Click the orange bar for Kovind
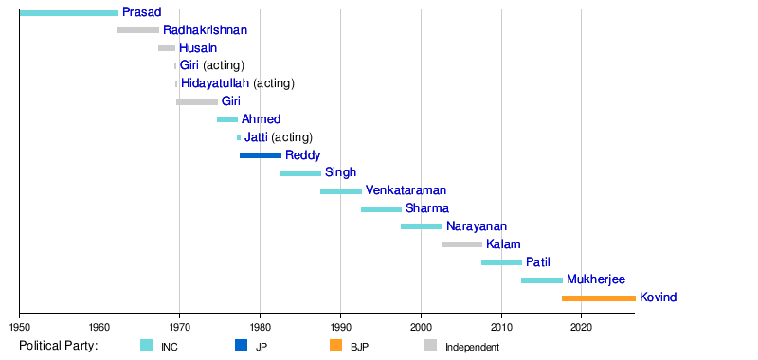click(599, 298)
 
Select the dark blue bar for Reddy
click(261, 155)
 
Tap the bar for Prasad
click(69, 13)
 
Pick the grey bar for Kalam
click(461, 244)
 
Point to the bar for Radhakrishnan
click(138, 30)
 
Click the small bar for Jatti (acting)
click(239, 137)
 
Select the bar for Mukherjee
click(542, 280)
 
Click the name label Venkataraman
click(406, 190)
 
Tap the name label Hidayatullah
click(215, 83)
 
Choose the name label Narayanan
click(477, 226)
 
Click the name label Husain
click(198, 47)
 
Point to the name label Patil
click(538, 261)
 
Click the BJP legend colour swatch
click(336, 346)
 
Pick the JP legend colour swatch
click(241, 346)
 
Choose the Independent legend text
click(472, 347)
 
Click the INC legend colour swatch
click(147, 346)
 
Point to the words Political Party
click(59, 346)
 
